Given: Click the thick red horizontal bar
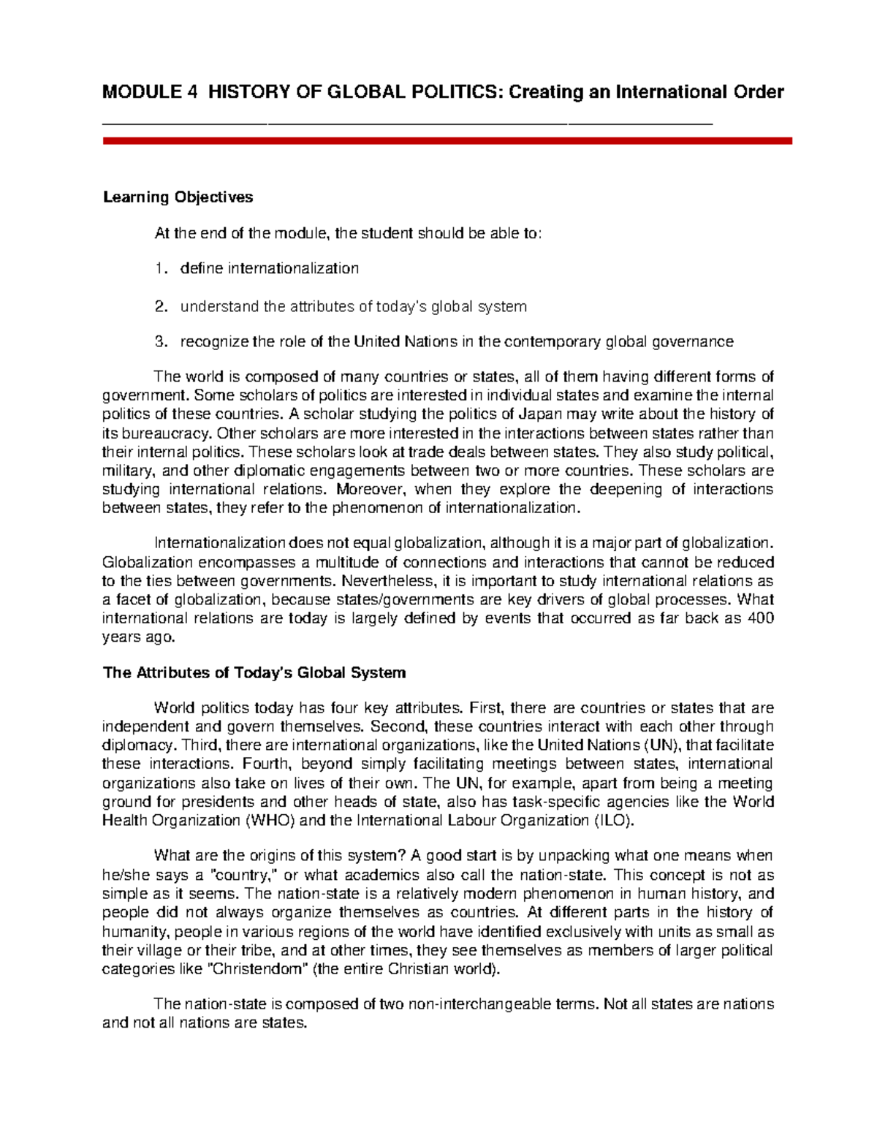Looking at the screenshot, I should (447, 140).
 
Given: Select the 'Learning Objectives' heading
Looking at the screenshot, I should (178, 197).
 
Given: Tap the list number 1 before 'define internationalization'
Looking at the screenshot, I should (159, 268).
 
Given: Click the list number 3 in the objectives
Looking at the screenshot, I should (159, 341).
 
